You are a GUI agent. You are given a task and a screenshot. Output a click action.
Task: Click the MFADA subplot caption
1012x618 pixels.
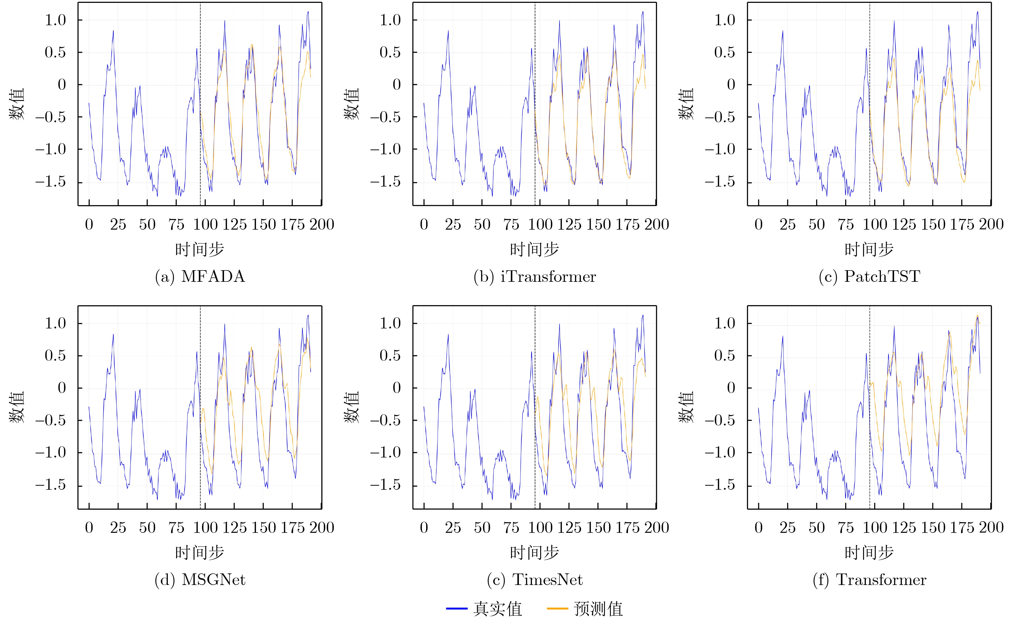(200, 276)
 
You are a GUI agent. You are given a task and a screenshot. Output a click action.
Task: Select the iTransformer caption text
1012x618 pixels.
(535, 276)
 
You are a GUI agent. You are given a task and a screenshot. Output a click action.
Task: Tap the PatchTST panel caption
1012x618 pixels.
(869, 276)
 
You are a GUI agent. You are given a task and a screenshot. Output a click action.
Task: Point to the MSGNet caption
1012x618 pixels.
(200, 580)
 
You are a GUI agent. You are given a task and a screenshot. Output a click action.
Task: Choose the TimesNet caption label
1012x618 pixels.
(535, 580)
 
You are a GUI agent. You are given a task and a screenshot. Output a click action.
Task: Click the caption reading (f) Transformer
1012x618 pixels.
(869, 580)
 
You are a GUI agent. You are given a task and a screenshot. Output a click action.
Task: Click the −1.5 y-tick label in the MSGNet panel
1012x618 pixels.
(50, 485)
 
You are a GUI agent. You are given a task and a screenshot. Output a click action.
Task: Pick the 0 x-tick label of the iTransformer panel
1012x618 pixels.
(424, 224)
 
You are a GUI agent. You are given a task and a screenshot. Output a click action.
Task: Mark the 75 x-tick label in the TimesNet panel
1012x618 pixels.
(511, 528)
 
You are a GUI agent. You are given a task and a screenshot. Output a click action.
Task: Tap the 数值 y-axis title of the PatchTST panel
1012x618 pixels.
(686, 104)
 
